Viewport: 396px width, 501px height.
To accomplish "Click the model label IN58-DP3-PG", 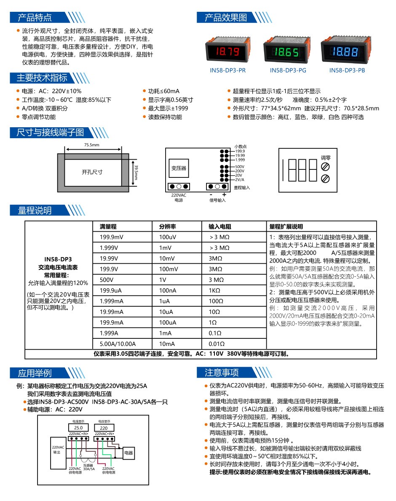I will [x=288, y=70].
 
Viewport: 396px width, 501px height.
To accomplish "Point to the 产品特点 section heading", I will [x=35, y=17].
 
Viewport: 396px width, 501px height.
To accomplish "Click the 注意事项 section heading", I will [x=222, y=372].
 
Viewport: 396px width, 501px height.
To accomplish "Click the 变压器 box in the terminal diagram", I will [x=179, y=168].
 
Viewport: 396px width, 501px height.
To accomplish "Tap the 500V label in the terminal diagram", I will [x=240, y=166].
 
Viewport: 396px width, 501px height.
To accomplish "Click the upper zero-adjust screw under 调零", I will [x=325, y=166].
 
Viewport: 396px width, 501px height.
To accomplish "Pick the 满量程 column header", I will [x=108, y=226].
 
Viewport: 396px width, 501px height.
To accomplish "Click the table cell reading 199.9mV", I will [x=112, y=237].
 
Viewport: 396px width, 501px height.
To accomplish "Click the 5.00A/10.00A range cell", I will [x=118, y=344].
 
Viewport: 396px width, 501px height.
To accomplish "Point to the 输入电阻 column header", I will [x=219, y=226].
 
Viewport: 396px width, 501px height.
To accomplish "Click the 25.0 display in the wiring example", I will [x=78, y=428].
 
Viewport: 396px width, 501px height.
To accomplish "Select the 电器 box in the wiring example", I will [x=128, y=453].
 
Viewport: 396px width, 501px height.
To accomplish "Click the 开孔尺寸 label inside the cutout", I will [x=92, y=172].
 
